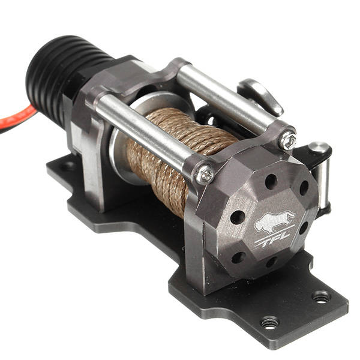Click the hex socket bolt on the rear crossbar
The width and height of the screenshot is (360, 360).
288,139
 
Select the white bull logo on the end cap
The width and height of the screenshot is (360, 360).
274,223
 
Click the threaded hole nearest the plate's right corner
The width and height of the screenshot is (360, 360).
321,296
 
